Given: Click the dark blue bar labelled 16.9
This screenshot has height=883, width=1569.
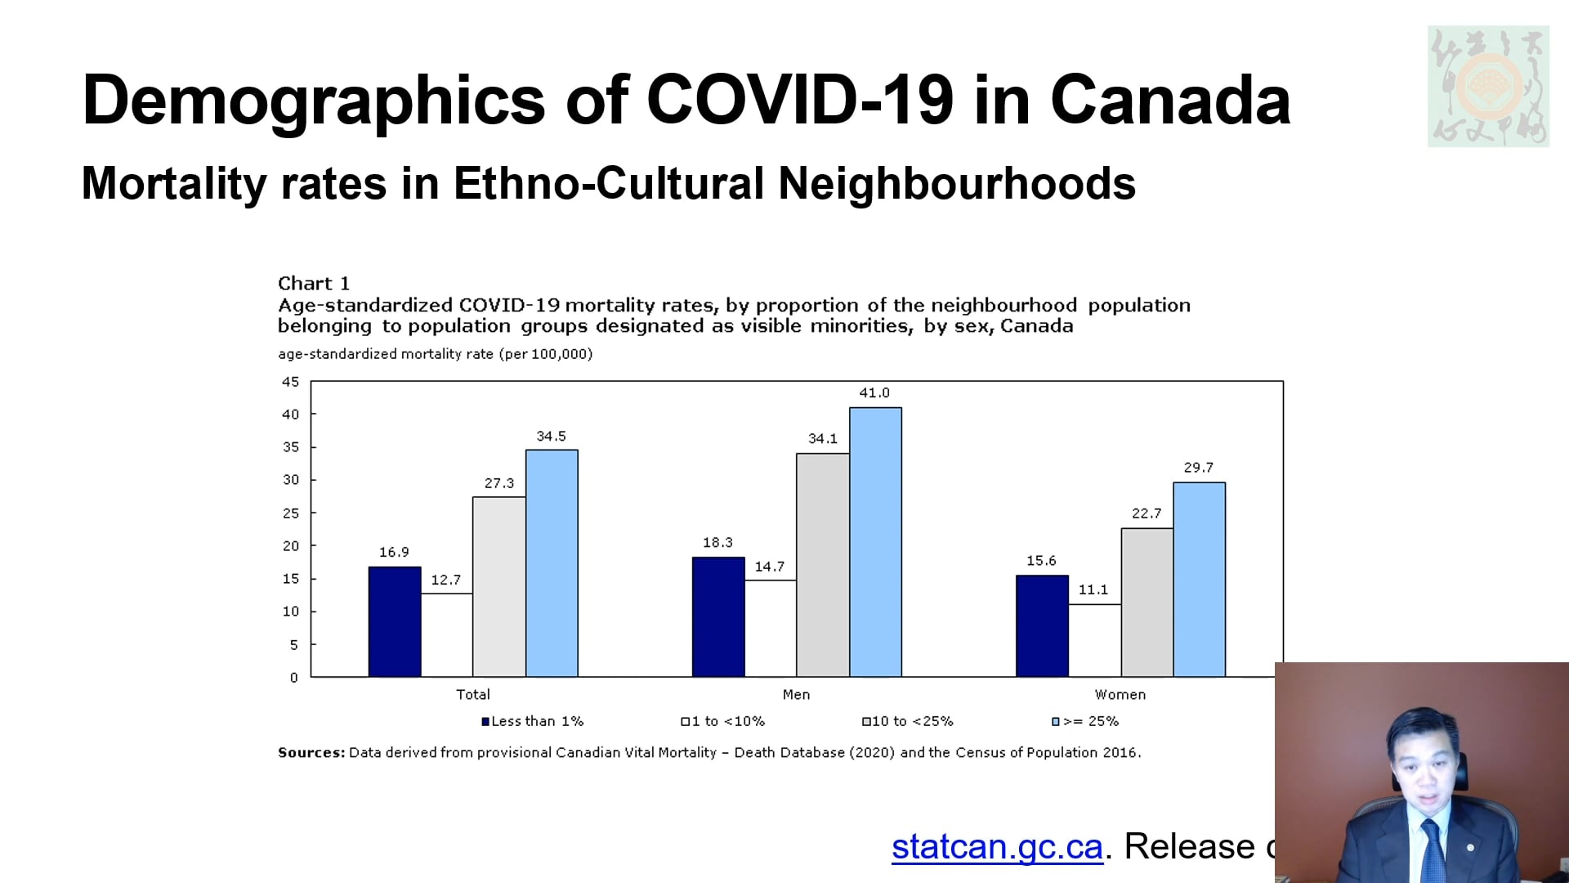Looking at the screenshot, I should (395, 621).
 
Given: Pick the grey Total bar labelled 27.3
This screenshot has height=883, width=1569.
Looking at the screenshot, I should (498, 586).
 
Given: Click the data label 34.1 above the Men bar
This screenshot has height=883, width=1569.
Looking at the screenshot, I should (822, 439).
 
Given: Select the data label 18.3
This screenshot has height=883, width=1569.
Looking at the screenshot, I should (717, 543).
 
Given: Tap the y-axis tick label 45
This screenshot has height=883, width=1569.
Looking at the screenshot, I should (291, 382).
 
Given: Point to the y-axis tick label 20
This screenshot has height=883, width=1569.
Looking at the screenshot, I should (291, 546).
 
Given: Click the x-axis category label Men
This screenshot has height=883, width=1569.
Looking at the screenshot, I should (796, 695).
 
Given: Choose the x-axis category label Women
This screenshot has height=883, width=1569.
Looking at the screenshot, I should (1120, 695).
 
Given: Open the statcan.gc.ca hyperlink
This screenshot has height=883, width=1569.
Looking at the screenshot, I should (997, 847).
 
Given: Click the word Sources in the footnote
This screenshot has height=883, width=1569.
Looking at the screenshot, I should (311, 752).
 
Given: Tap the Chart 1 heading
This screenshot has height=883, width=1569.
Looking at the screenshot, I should (314, 284).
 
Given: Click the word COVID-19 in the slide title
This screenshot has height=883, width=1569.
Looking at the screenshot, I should (800, 100).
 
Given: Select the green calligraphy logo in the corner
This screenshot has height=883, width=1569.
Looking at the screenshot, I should (1487, 86).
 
